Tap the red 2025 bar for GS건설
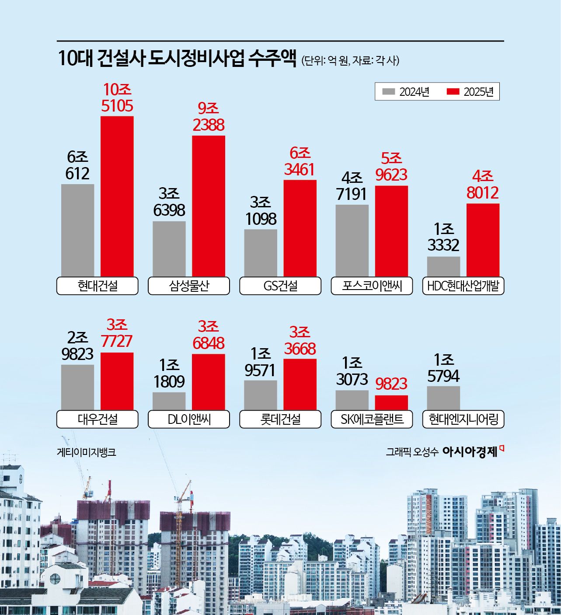300,228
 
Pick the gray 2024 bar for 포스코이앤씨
352,240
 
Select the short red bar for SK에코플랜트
391,402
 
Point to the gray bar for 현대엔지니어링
443,398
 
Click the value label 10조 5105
117,98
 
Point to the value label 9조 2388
208,117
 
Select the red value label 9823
391,384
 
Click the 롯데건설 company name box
280,419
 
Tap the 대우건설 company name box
97,419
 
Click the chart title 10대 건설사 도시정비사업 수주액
177,59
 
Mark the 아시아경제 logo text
470,452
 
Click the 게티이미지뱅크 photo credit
86,452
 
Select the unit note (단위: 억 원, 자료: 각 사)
350,60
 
